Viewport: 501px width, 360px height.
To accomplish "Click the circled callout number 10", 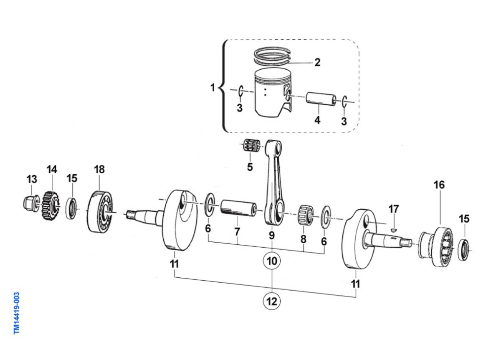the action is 272,261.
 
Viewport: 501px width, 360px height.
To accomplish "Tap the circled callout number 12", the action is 272,302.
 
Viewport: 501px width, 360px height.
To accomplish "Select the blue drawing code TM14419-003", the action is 17,313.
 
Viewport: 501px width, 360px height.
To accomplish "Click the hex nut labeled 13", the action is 31,203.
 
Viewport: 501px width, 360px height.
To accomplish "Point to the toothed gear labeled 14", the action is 51,205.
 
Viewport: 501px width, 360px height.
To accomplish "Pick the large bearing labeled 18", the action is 100,211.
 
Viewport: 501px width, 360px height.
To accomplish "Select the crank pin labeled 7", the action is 239,208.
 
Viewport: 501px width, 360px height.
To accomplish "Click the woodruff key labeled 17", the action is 394,230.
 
